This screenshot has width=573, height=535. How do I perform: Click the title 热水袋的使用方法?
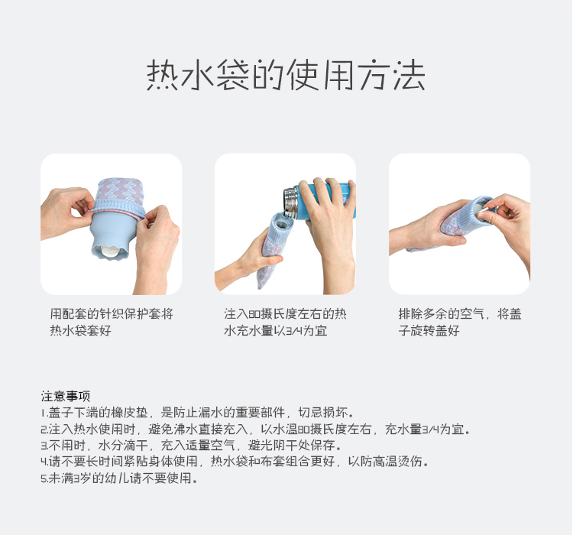click(286, 77)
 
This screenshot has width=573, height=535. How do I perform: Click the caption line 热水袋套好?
click(80, 331)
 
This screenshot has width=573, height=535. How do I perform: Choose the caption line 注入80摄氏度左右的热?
click(285, 314)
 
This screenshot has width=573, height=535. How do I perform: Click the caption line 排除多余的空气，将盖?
click(460, 314)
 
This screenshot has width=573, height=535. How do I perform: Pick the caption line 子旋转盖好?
click(429, 331)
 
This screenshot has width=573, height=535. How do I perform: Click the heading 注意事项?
click(65, 396)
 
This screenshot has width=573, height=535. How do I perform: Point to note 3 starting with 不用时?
click(190, 446)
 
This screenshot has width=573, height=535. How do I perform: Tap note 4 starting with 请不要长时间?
click(234, 462)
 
